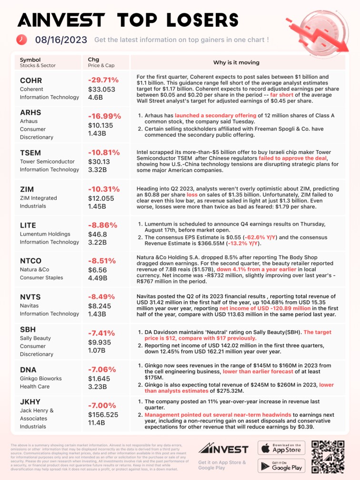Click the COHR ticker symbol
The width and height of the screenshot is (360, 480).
point(30,80)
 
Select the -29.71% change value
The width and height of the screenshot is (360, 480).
point(103,80)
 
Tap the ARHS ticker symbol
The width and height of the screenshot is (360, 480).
point(30,112)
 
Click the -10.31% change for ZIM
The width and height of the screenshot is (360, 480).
point(103,189)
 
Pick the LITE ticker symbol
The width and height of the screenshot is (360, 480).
point(28,225)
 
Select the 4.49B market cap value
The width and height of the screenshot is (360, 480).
point(97,277)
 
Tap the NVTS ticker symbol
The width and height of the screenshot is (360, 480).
point(30,297)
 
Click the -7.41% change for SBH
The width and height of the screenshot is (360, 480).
point(101,333)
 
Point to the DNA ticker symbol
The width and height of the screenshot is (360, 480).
point(28,369)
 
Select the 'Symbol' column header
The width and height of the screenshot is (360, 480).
point(30,60)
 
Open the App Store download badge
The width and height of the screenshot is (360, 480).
point(281,448)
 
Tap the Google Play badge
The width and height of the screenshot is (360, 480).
point(281,466)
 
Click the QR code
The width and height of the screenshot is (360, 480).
point(328,457)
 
